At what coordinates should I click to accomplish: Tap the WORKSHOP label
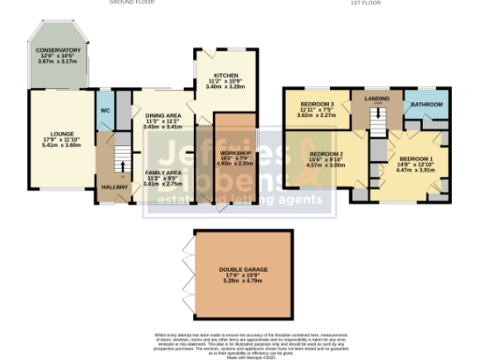[236, 152]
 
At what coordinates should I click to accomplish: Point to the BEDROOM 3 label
[317, 103]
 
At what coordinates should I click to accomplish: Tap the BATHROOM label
[425, 105]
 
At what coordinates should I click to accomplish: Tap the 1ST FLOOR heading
[363, 4]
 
